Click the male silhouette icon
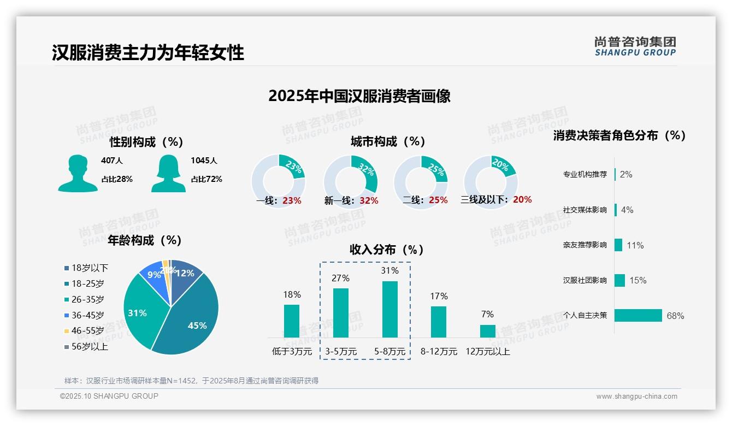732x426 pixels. pyautogui.click(x=78, y=173)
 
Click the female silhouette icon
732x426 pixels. pyautogui.click(x=168, y=173)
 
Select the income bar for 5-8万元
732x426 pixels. pyautogui.click(x=389, y=309)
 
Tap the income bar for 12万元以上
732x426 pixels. pyautogui.click(x=487, y=331)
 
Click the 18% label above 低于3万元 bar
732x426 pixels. pyautogui.click(x=292, y=294)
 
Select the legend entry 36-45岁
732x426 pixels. pyautogui.click(x=87, y=315)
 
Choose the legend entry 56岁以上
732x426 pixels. pyautogui.click(x=90, y=346)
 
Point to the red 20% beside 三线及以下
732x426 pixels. pyautogui.click(x=522, y=199)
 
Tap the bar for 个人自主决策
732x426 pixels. pyautogui.click(x=638, y=315)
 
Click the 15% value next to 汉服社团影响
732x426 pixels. pyautogui.click(x=637, y=280)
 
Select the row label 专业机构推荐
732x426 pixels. pyautogui.click(x=585, y=175)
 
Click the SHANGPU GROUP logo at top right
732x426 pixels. pyautogui.click(x=635, y=46)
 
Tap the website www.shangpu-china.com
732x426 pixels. pyautogui.click(x=636, y=397)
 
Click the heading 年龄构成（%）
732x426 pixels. pyautogui.click(x=145, y=240)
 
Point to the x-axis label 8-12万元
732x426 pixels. pyautogui.click(x=439, y=352)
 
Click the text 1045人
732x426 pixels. pyautogui.click(x=204, y=161)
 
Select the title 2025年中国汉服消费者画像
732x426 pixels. pyautogui.click(x=359, y=96)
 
